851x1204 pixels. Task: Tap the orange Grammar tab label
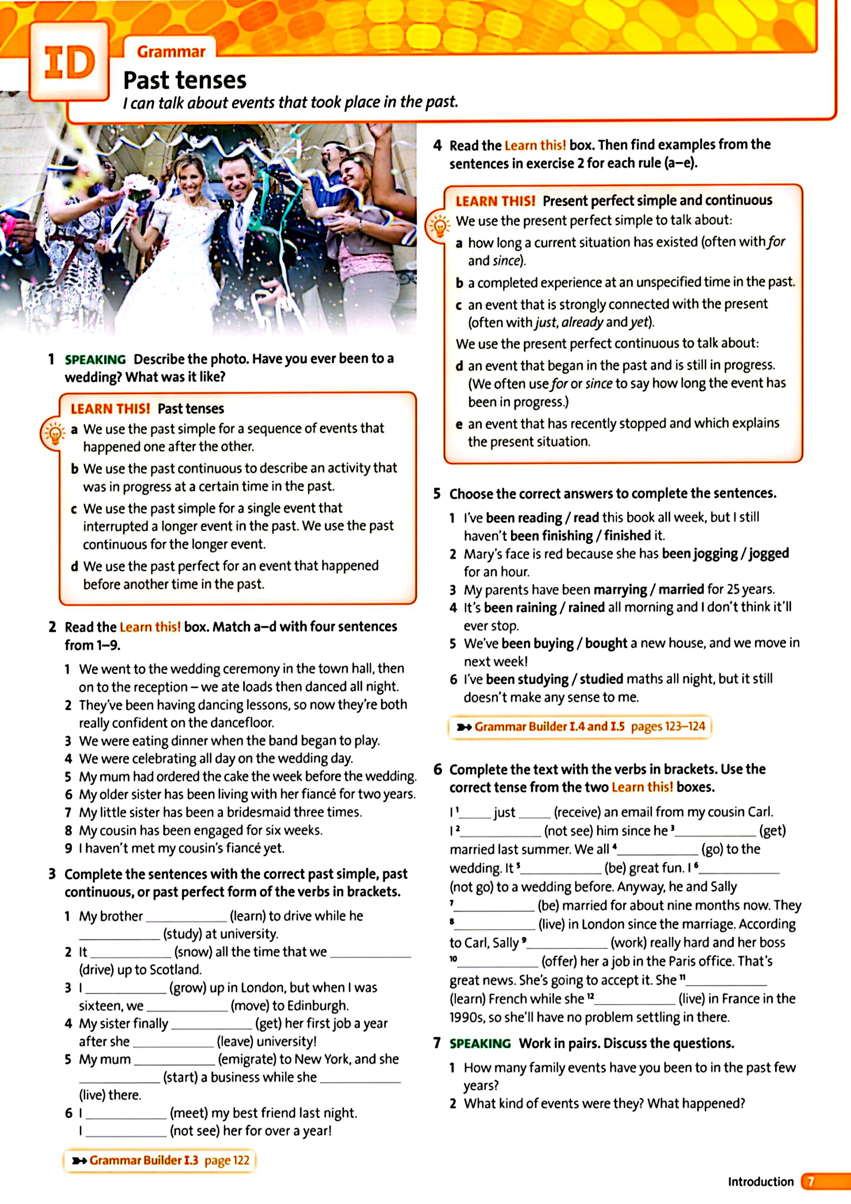coord(171,52)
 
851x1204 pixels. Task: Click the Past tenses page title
coord(185,80)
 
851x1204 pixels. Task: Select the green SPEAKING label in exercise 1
coord(95,359)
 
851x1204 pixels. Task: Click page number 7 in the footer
coord(810,1181)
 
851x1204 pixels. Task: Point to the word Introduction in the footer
coord(760,1181)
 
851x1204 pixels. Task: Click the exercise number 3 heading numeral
coord(52,874)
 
